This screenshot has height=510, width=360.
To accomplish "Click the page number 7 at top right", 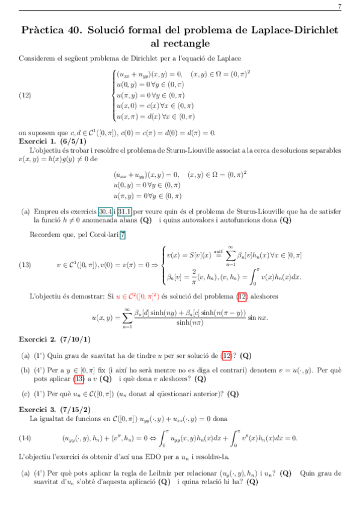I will (x=340, y=7).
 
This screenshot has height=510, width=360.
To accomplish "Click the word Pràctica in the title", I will (x=47, y=29).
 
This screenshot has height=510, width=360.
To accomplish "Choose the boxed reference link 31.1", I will (x=125, y=211).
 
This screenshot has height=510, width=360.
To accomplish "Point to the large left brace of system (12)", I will (x=113, y=95).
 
